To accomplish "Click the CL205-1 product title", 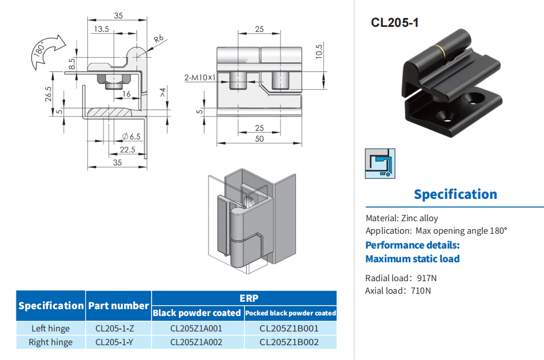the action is [x=394, y=23].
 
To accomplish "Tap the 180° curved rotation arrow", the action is [x=47, y=51].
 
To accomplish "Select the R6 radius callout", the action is [x=158, y=39].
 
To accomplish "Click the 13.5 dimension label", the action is [x=101, y=29].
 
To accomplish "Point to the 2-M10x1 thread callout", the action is [x=199, y=78].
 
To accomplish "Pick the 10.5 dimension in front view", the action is [x=319, y=51].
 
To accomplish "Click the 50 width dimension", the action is [x=259, y=139].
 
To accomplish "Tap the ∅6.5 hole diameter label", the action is [x=131, y=137].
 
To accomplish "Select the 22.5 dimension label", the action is [x=127, y=150].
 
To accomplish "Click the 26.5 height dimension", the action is [x=48, y=94].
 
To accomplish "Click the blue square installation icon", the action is [x=380, y=163].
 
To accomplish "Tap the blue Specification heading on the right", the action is [x=455, y=194].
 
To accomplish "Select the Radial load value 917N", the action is [x=427, y=278].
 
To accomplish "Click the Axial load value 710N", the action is [x=421, y=291].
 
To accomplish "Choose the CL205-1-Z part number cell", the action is [x=114, y=329].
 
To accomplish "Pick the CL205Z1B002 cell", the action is [x=289, y=342].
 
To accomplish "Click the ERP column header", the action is [x=249, y=298].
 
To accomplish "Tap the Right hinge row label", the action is [x=51, y=342].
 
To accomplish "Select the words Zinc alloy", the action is [x=419, y=218].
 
